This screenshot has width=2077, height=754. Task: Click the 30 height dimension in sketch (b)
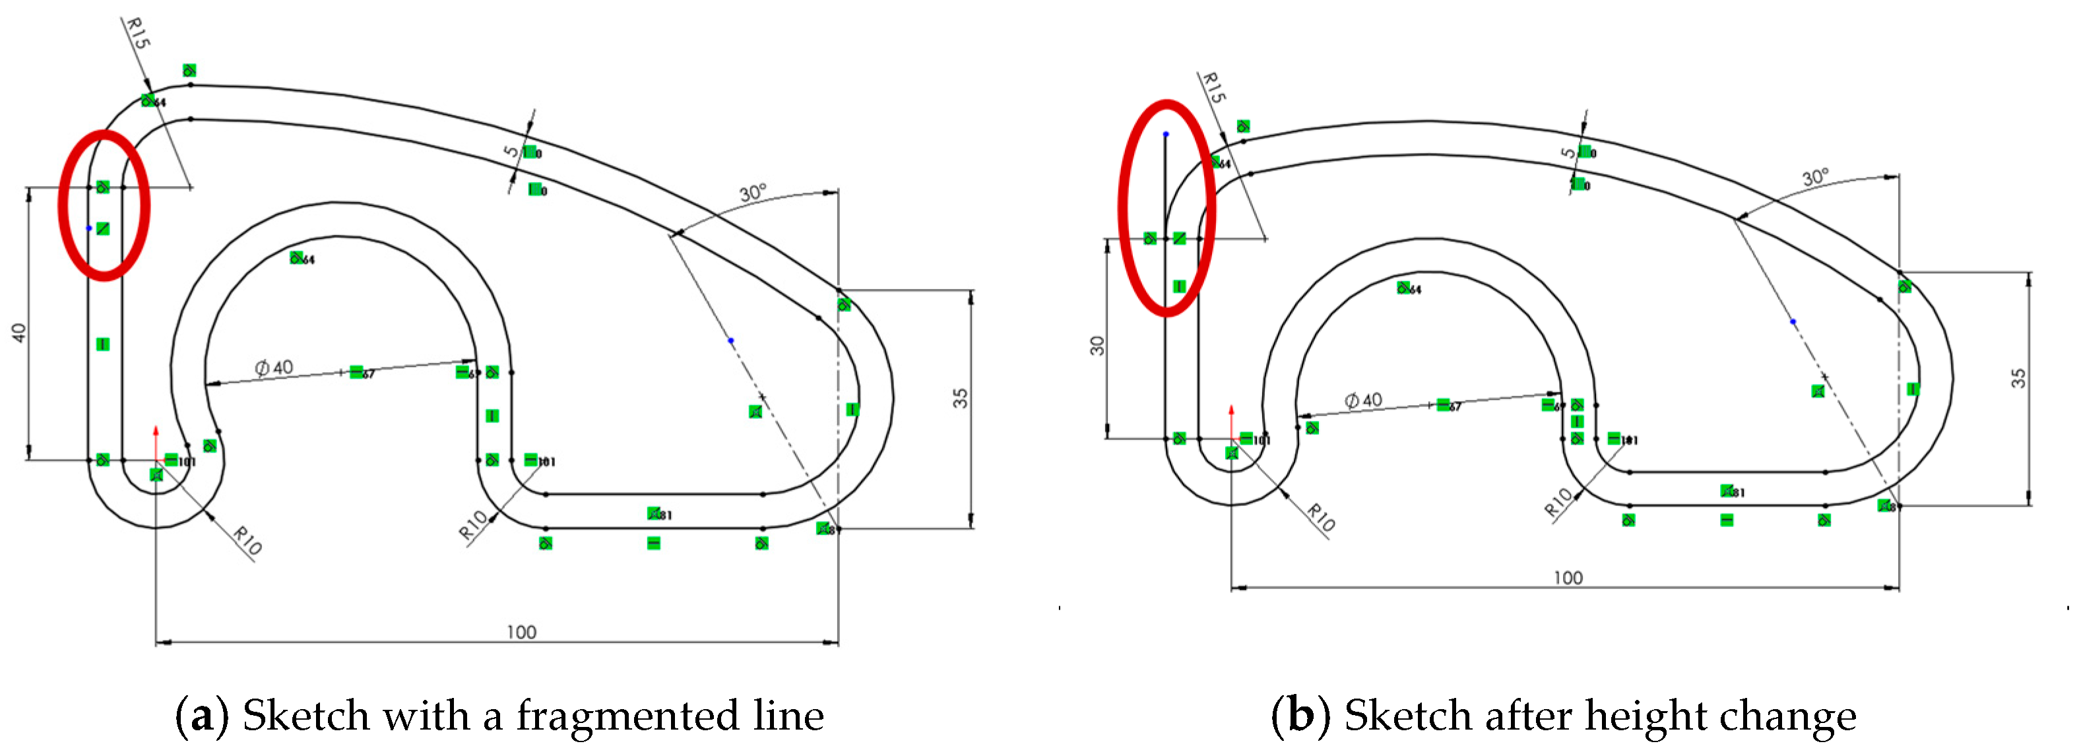point(1097,346)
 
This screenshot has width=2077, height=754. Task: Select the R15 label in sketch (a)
point(137,33)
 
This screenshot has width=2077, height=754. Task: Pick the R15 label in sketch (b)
point(1213,87)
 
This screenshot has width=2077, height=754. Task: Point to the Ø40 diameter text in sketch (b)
point(1363,400)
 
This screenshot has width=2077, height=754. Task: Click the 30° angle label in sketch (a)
point(752,193)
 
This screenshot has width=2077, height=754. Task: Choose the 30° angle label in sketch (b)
point(1816,177)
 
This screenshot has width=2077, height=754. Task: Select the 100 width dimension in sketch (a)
point(521,631)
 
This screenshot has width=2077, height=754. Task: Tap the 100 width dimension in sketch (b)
point(1568,577)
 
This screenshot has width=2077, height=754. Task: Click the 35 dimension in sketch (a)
point(960,398)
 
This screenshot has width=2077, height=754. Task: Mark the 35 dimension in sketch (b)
point(2018,378)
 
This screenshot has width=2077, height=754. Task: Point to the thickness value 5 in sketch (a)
point(511,152)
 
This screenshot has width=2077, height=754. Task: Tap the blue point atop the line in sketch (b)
point(1166,134)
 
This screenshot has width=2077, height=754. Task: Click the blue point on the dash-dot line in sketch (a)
point(731,340)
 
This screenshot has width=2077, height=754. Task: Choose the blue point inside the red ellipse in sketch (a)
point(88,228)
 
